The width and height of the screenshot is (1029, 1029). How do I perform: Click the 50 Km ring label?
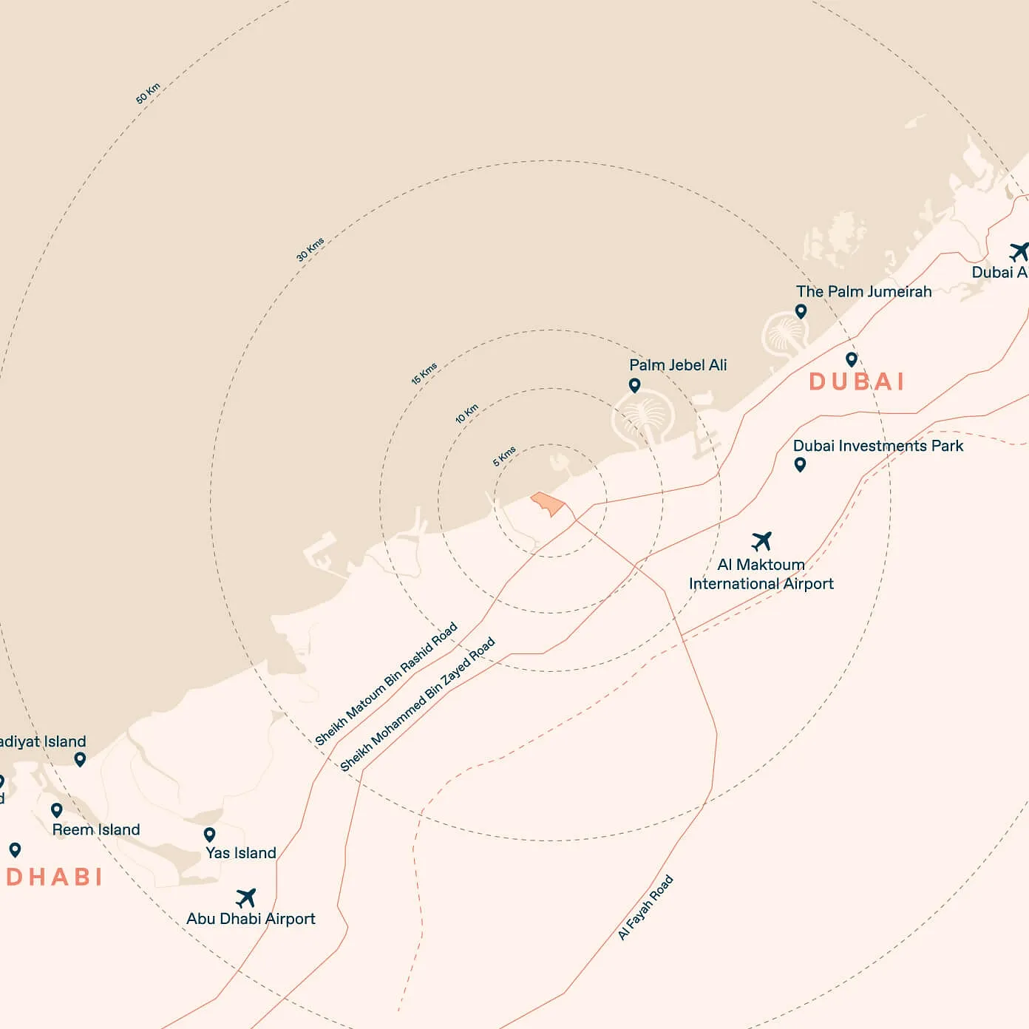coord(148,94)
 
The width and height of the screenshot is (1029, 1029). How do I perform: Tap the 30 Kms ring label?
coord(310,249)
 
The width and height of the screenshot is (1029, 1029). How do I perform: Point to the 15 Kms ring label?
coord(424,373)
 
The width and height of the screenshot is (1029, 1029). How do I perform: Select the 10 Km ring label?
coord(467,413)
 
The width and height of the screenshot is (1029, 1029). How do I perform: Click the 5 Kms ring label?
coord(505,456)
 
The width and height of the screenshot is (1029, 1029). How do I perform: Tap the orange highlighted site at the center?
coord(548,503)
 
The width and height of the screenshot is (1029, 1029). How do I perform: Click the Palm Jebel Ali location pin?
coord(634,385)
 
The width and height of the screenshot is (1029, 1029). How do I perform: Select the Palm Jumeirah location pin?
coord(801,311)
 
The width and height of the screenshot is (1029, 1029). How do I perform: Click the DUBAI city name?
coord(857,381)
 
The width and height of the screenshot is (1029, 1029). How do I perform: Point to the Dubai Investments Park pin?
coord(800,464)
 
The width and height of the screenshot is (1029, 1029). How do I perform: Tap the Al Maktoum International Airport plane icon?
coord(761,541)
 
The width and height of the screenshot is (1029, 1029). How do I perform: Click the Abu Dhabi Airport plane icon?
coord(246,898)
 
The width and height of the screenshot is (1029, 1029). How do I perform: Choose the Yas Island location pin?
coord(210,835)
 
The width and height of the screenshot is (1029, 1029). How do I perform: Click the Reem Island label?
coord(96,829)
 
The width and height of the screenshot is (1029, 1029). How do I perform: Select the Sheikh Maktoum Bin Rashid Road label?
coord(386,685)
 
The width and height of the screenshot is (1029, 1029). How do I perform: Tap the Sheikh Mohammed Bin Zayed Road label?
coord(418,704)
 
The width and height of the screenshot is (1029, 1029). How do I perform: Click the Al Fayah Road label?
coord(645,907)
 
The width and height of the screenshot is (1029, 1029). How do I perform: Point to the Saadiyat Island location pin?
coord(80,759)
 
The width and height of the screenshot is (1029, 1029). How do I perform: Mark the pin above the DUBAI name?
coord(852,359)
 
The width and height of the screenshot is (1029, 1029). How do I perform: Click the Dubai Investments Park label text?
coord(878,446)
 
